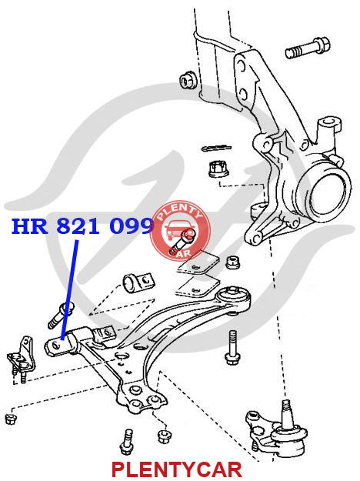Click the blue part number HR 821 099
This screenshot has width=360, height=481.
(x=82, y=226)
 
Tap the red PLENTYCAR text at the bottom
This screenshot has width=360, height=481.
(x=177, y=469)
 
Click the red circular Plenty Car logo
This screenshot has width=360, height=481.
(x=181, y=232)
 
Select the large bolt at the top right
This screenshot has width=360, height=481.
(x=307, y=48)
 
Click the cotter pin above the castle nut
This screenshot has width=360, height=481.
(x=216, y=149)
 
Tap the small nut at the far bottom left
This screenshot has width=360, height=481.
(x=12, y=419)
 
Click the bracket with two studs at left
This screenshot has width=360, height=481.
(x=22, y=359)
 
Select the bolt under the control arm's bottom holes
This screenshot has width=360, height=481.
(x=127, y=443)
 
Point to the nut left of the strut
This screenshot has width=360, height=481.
(x=188, y=80)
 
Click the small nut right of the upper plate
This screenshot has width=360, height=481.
(x=233, y=262)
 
